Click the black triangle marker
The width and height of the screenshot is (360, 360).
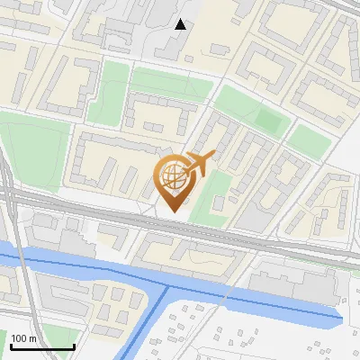point(181,24)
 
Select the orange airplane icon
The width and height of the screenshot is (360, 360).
point(198,164)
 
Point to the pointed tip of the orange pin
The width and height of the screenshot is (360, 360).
point(174,211)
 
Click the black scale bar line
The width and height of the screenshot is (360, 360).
point(41,347)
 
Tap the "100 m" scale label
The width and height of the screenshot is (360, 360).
point(24,338)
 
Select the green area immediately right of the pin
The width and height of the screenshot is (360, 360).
point(209,193)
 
